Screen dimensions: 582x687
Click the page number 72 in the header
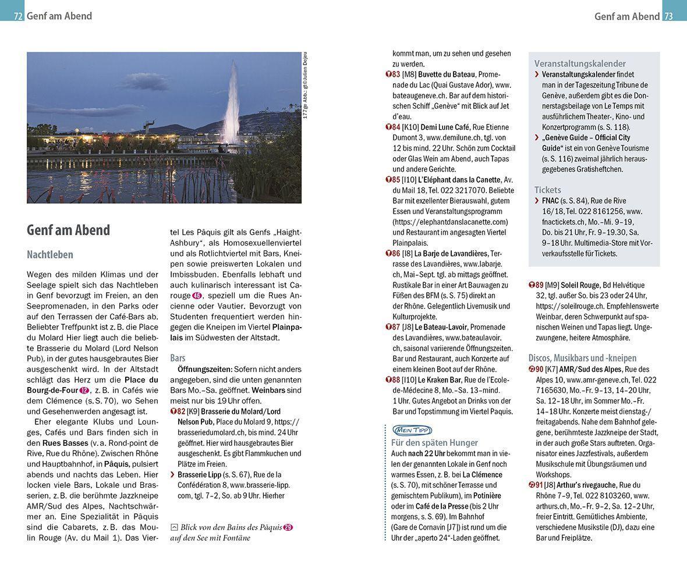(x=18, y=16)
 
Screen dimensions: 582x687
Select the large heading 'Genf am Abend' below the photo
(x=68, y=230)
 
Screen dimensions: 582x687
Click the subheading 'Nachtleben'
(x=50, y=255)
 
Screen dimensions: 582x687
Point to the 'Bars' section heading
(x=178, y=357)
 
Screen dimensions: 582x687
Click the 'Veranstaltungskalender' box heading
(x=580, y=63)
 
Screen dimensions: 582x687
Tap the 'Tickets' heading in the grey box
(x=548, y=190)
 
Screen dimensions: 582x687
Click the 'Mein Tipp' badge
(x=413, y=430)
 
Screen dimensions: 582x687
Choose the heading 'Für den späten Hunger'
(x=434, y=442)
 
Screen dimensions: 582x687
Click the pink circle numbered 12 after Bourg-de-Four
(x=84, y=390)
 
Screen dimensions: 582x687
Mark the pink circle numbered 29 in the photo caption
(x=288, y=527)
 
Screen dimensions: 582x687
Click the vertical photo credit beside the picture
(x=304, y=86)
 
